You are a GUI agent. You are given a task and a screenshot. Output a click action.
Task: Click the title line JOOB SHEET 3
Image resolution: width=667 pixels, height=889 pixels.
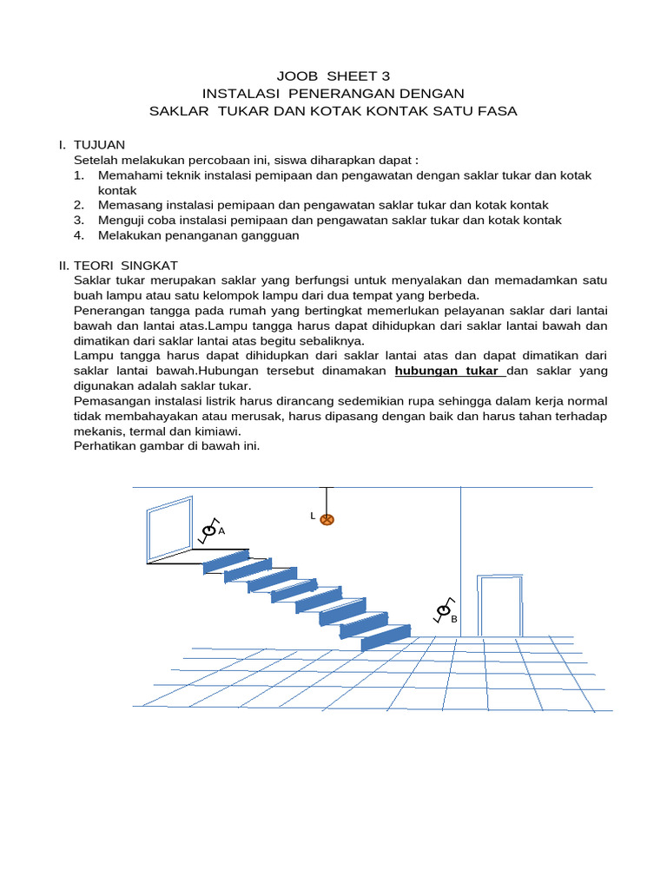coord(333,76)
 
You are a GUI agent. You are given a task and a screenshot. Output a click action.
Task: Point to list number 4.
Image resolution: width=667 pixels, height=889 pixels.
coord(79,235)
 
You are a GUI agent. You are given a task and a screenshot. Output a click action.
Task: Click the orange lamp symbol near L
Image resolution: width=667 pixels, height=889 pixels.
coord(327,520)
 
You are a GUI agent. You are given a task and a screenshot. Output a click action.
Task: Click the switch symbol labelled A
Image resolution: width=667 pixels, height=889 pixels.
coord(208,530)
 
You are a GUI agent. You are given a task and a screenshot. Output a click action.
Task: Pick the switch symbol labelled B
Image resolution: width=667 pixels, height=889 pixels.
coord(443,612)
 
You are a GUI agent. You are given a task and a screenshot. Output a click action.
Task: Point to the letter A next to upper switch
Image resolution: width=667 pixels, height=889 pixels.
coord(221,530)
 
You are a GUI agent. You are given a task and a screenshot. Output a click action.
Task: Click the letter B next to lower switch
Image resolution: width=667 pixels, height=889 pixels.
coord(453,619)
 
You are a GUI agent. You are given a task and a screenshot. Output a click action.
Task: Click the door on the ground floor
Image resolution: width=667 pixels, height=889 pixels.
coord(500,606)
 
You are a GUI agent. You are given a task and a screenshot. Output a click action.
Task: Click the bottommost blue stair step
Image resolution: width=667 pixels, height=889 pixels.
coord(386,637)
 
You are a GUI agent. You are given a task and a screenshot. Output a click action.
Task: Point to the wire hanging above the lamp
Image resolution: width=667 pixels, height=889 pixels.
coord(327,500)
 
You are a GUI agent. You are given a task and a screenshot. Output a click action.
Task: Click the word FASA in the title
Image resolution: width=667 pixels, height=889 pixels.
coord(495,110)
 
